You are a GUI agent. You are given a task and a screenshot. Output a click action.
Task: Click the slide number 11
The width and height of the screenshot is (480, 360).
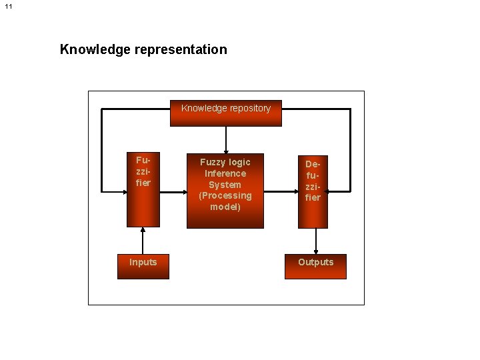pyautogui.click(x=8, y=7)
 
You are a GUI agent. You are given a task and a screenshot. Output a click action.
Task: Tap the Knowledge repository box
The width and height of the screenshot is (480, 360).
pyautogui.click(x=226, y=113)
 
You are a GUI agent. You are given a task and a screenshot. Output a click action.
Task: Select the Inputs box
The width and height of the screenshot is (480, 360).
pyautogui.click(x=143, y=266)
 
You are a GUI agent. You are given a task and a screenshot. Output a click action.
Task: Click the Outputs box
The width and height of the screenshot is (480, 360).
pyautogui.click(x=315, y=266)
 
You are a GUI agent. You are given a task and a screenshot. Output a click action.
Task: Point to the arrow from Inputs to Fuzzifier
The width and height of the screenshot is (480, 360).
pyautogui.click(x=143, y=241)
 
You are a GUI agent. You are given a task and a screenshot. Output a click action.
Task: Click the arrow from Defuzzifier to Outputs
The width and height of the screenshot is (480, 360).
pyautogui.click(x=316, y=241)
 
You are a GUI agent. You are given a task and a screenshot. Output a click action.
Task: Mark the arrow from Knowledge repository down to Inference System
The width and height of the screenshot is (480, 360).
pyautogui.click(x=226, y=139)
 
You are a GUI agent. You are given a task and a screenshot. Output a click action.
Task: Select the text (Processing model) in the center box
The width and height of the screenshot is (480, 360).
pyautogui.click(x=225, y=201)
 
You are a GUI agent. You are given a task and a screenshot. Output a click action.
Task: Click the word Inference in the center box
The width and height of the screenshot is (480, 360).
pyautogui.click(x=225, y=173)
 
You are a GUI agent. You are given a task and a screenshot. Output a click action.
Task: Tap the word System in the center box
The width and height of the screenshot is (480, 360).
pyautogui.click(x=225, y=185)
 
